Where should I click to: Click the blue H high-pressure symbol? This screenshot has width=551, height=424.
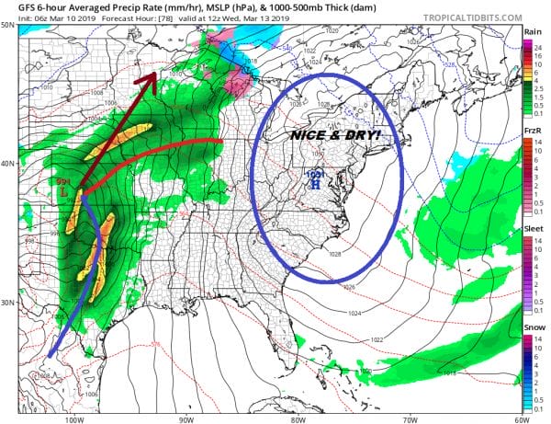pyautogui.click(x=315, y=184)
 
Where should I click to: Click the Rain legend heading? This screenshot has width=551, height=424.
pyautogui.click(x=531, y=33)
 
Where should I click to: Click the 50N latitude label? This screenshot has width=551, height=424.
pyautogui.click(x=7, y=25)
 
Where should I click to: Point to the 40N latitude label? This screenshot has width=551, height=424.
pyautogui.click(x=7, y=164)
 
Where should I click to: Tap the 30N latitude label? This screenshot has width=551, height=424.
pyautogui.click(x=7, y=303)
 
